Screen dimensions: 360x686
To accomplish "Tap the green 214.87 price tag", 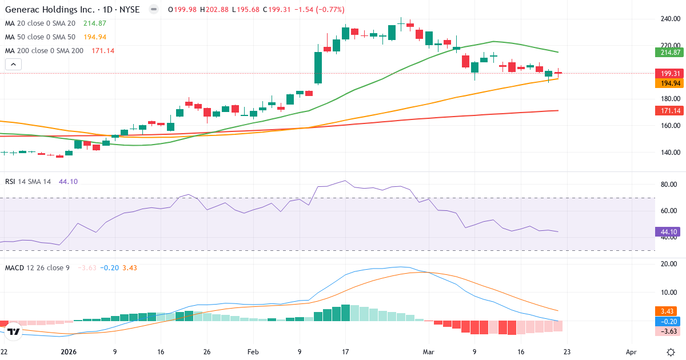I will [x=669, y=53].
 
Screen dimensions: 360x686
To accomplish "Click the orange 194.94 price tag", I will [x=669, y=83].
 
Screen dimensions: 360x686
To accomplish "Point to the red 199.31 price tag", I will [x=669, y=74].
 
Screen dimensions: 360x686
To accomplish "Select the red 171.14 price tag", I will [x=669, y=110].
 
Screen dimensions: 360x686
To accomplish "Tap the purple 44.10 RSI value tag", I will [x=669, y=232].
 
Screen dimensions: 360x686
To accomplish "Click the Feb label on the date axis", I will [x=253, y=352].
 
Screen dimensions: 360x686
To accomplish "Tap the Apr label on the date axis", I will [x=631, y=352].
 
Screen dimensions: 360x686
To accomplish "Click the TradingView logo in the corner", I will [x=14, y=331].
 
